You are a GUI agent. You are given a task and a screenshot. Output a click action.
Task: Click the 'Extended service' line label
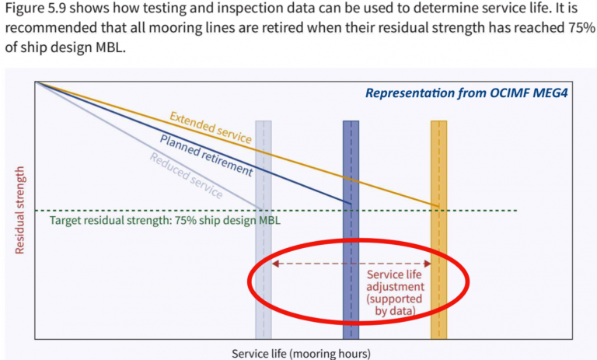click(x=211, y=128)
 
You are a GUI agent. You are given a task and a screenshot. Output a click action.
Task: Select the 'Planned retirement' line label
click(x=206, y=155)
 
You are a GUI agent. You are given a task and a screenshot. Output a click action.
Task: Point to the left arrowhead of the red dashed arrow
click(x=274, y=264)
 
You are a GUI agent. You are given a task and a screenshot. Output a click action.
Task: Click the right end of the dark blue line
click(x=351, y=204)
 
